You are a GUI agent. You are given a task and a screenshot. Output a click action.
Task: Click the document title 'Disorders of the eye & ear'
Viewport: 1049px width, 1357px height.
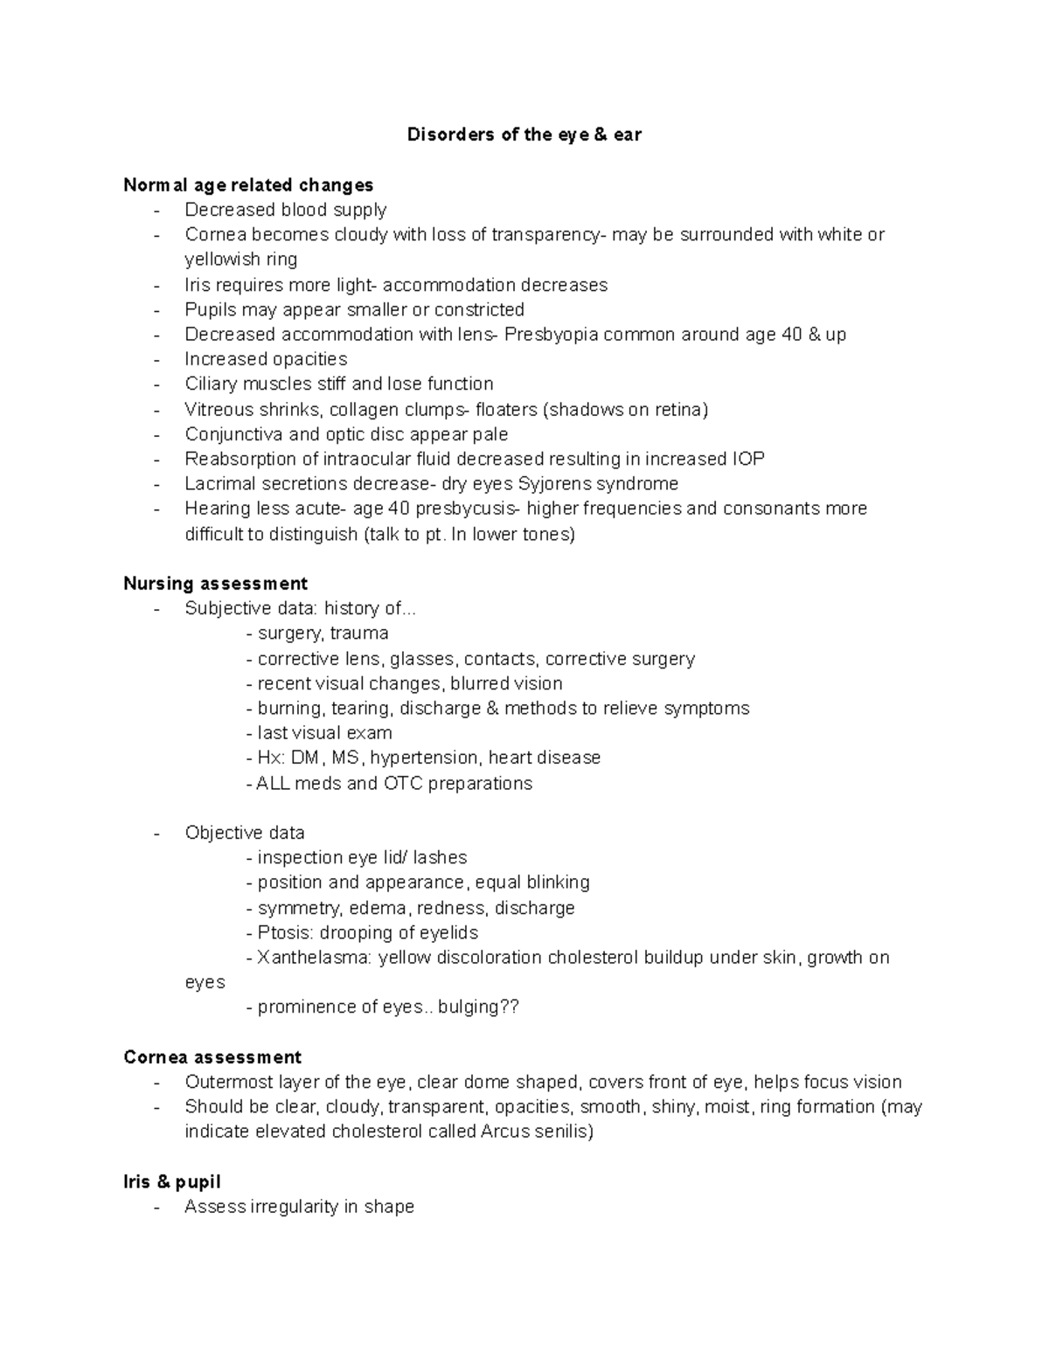(x=524, y=135)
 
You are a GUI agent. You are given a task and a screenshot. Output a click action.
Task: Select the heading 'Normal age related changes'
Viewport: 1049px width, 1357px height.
(x=248, y=185)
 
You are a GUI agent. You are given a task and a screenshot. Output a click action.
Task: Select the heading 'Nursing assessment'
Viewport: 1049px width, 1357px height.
(x=215, y=584)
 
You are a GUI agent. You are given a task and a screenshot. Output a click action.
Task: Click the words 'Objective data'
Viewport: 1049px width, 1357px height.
(x=245, y=833)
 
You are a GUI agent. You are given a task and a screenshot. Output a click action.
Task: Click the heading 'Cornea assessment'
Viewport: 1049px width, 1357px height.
(x=212, y=1057)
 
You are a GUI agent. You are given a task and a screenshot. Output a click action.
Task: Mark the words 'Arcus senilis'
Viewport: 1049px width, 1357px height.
(x=536, y=1132)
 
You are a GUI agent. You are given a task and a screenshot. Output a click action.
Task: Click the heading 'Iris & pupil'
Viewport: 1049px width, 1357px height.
(x=172, y=1182)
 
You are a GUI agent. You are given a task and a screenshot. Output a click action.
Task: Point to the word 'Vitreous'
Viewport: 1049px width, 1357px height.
(x=219, y=410)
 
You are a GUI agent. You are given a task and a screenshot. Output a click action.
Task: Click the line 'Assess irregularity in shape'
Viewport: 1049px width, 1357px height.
(x=299, y=1207)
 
